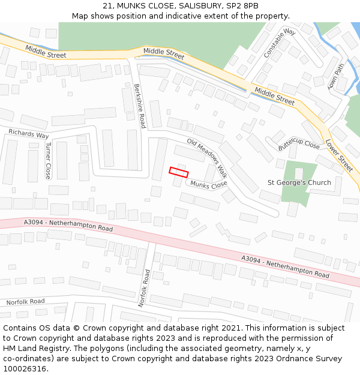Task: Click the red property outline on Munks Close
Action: [x=179, y=172]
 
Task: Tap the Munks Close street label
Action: [x=209, y=185]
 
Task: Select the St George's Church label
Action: [x=299, y=182]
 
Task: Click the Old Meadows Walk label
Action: [x=207, y=158]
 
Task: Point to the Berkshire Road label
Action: [x=140, y=106]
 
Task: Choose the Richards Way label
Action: [x=28, y=134]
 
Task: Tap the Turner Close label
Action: [x=49, y=160]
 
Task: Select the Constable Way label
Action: [x=280, y=43]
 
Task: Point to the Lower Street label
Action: [x=339, y=155]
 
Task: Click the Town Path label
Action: [x=337, y=76]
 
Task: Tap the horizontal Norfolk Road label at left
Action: [x=25, y=301]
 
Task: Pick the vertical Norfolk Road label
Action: [x=144, y=288]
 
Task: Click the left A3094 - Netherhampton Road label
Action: [x=68, y=226]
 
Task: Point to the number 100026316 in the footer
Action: [x=24, y=368]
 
